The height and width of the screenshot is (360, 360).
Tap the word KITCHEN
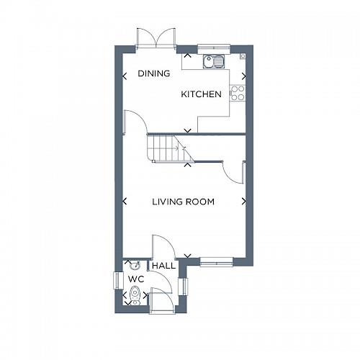[201, 94]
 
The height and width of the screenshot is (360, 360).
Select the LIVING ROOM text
[183, 202]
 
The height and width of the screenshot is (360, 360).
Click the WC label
[136, 279]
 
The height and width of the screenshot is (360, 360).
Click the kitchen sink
[213, 61]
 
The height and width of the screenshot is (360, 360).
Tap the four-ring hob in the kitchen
[237, 92]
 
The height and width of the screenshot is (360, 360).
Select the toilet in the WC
[135, 294]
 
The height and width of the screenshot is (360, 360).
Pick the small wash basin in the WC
[129, 265]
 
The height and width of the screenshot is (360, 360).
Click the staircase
[167, 148]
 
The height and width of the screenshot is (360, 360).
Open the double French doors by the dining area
[156, 37]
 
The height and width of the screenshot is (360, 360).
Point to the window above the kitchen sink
[212, 48]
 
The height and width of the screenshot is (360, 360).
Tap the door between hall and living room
[159, 246]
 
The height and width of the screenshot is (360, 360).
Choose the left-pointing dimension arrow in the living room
[125, 202]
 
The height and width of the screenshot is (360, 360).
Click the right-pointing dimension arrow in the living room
[243, 202]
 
